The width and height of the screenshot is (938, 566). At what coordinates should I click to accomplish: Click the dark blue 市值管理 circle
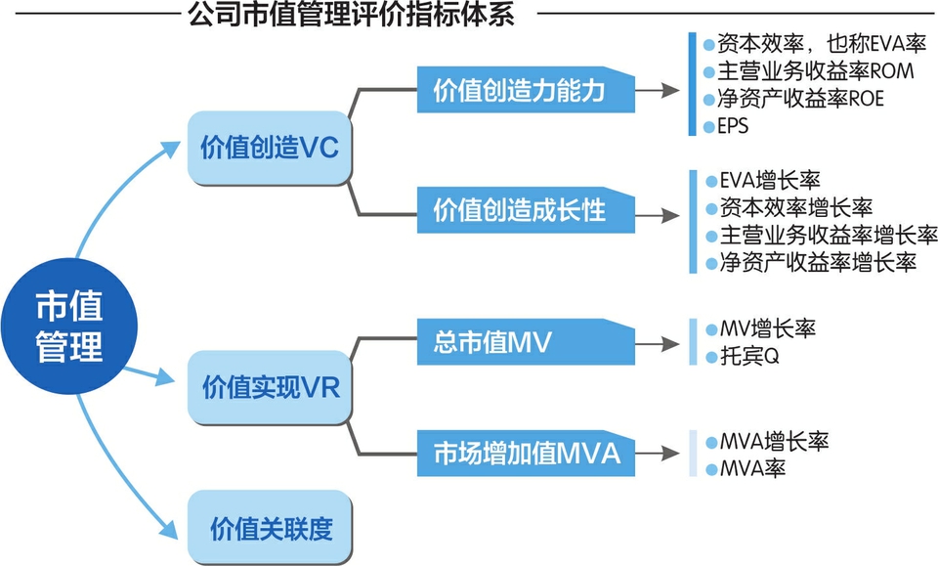pos(69,326)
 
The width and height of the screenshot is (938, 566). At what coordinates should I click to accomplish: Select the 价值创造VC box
pos(269,149)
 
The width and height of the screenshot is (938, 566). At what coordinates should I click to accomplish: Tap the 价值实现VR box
pos(269,388)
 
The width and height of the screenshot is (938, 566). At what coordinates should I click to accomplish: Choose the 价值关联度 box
pos(270,529)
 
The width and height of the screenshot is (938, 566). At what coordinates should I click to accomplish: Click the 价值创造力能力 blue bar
pos(526,90)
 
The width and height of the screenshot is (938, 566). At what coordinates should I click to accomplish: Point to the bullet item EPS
pos(732,127)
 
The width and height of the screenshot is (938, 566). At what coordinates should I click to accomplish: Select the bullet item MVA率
pos(752,468)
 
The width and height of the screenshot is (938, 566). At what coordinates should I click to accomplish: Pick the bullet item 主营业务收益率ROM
pos(800,71)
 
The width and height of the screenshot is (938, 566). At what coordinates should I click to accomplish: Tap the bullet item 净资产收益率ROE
pos(799,99)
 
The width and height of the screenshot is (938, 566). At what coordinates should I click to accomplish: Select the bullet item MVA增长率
pos(773,441)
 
